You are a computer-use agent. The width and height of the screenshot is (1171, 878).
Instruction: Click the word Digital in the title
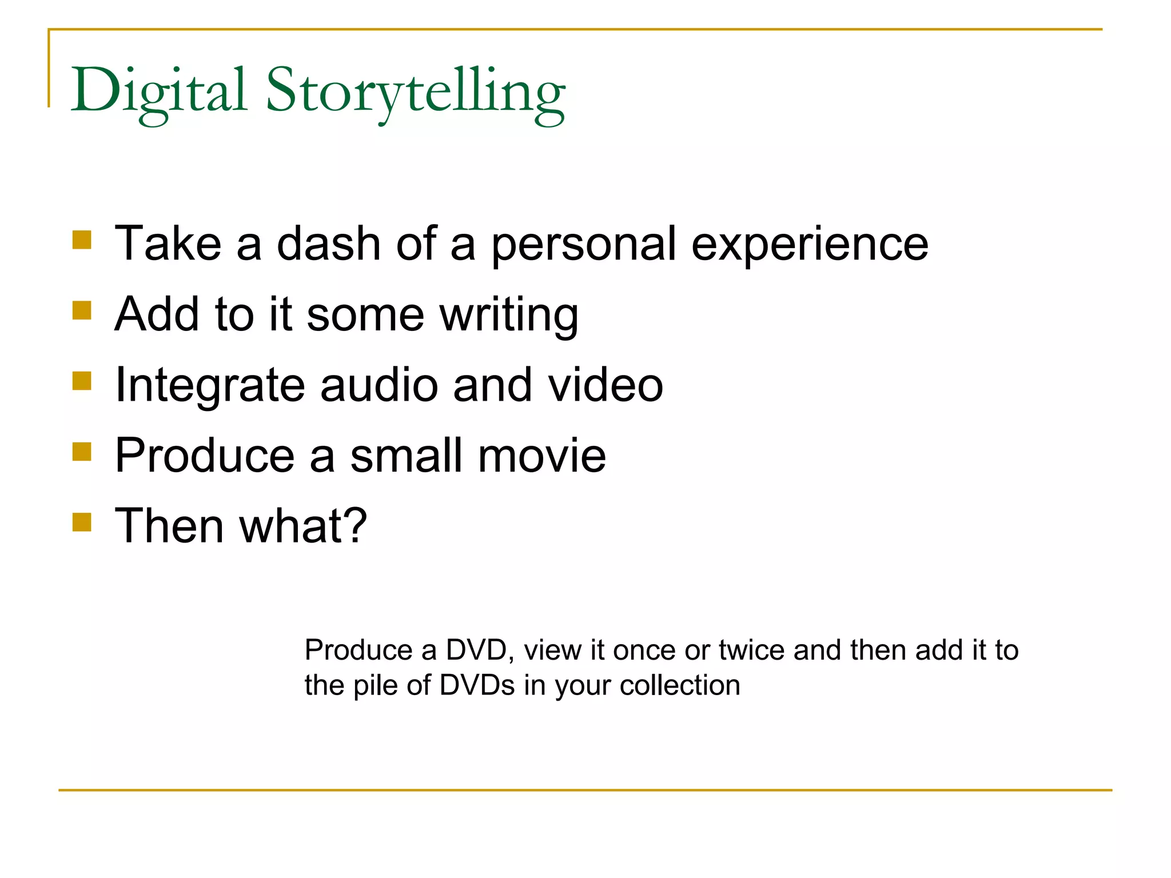coord(159,91)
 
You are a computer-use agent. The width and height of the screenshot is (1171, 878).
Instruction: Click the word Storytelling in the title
coord(416,91)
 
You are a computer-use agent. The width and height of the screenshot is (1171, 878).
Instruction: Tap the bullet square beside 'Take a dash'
coord(82,240)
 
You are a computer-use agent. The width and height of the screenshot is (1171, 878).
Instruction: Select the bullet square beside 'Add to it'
coord(82,311)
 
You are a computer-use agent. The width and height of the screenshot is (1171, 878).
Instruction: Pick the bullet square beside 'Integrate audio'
coord(82,381)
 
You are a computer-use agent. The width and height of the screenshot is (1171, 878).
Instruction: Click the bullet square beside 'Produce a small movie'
coord(82,452)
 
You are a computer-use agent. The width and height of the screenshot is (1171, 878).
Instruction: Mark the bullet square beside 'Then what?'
coord(82,522)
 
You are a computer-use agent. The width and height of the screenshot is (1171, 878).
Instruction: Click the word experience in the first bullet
coord(810,245)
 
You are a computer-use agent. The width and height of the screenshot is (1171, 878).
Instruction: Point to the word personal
coord(583,245)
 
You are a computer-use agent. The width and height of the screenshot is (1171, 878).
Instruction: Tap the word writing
coord(509,316)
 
